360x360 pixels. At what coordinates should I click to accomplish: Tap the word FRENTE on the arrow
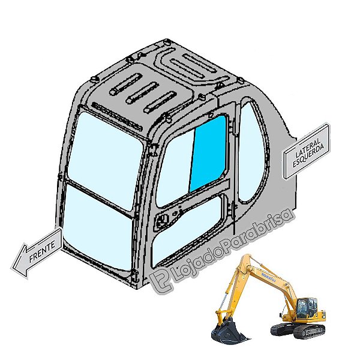click(42, 251)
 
